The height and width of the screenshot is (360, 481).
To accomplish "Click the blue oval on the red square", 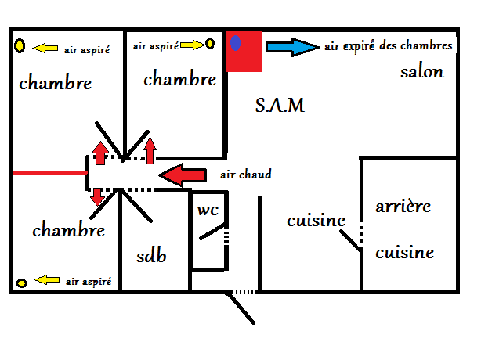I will coord(236,43).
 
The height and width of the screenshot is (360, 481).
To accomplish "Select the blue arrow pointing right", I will coord(291,47).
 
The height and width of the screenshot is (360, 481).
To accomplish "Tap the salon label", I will coord(421,73).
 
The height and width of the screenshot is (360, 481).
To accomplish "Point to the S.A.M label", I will coord(280,105).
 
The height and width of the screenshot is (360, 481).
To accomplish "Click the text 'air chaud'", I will coord(246,175).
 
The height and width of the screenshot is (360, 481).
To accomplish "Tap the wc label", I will coord(208,210).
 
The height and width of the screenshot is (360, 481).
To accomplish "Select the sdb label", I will coord(151,256).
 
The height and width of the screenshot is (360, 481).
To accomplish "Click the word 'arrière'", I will coord(403,207).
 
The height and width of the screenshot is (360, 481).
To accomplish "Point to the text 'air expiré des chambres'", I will coord(389,46).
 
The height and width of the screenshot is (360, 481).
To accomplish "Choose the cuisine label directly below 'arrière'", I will coord(404,253).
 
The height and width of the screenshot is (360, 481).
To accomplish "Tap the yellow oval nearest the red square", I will coord(210,45).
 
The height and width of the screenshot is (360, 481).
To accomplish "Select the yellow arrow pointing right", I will coord(192,46).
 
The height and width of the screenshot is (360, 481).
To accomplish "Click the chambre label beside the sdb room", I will coord(69,231).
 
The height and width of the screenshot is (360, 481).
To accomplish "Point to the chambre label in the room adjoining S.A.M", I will coord(179,79).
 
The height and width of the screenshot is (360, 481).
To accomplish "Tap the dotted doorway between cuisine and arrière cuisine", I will coord(361,234).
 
